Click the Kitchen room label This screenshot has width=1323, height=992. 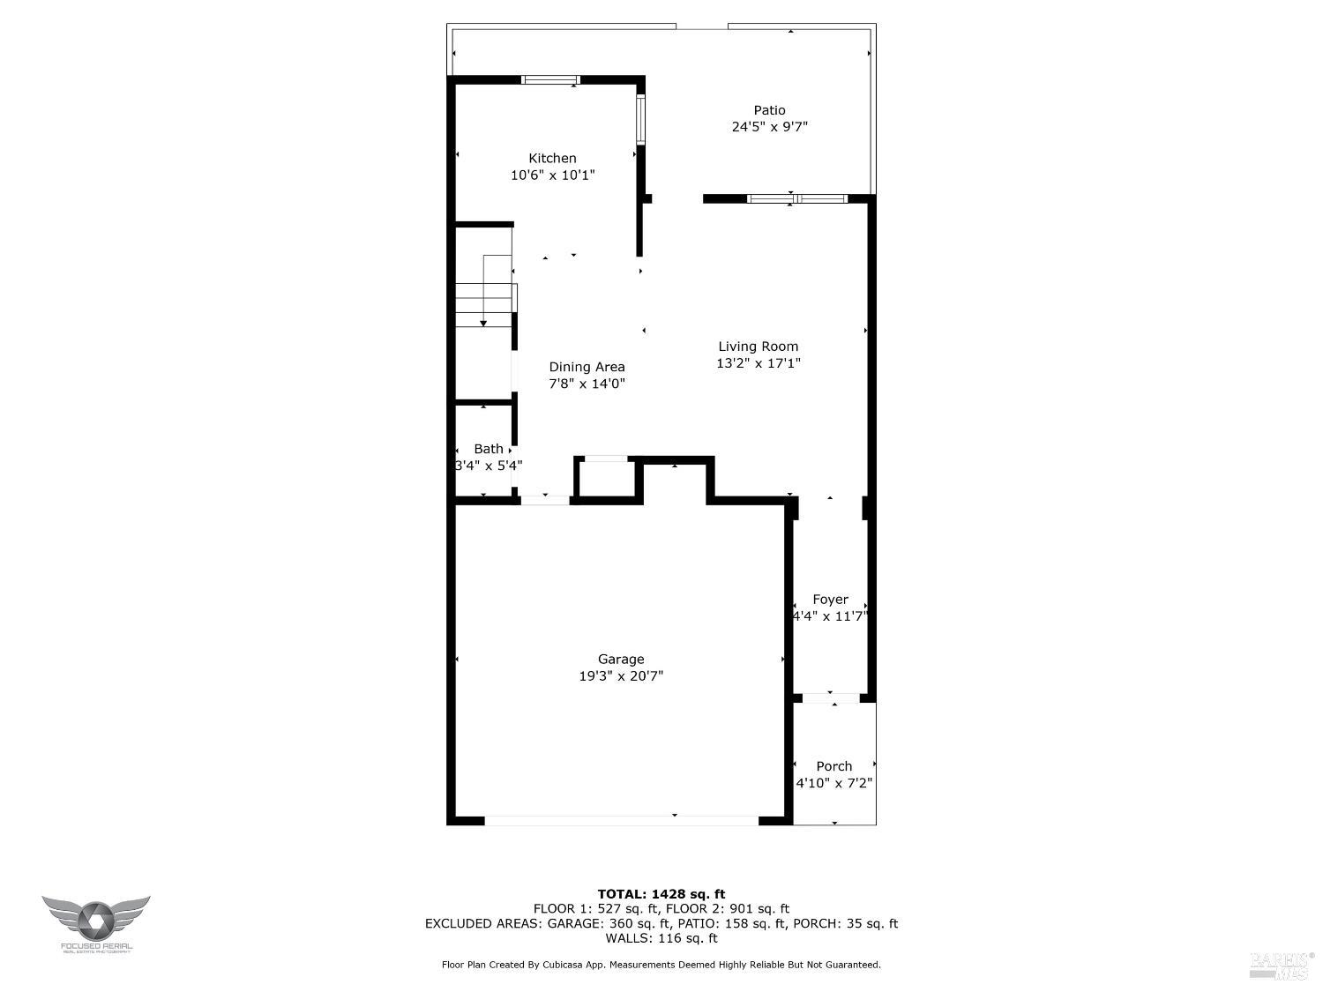pos(552,159)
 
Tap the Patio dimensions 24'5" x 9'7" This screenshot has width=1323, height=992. pos(769,127)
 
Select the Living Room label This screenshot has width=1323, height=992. pos(758,347)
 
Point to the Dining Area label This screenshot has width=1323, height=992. pos(587,367)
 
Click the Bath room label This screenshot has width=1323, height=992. pos(489,449)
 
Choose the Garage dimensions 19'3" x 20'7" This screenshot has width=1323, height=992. pos(621,676)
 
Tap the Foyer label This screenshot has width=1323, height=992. pos(830,600)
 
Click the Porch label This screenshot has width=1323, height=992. pos(833,766)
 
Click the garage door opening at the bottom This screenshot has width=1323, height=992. pos(621,820)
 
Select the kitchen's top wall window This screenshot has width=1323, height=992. pos(550,79)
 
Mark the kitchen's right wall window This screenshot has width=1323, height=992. pos(641,118)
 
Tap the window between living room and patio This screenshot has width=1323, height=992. pos(796,198)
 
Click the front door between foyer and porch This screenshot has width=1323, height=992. pos(831,698)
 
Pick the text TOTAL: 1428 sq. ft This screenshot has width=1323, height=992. pos(661,894)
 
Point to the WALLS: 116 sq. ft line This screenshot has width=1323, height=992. pos(661,938)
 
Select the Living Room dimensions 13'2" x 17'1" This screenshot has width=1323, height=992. pos(758,363)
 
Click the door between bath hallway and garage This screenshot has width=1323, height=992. pos(545,500)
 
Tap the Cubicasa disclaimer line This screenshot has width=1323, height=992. pos(661,965)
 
